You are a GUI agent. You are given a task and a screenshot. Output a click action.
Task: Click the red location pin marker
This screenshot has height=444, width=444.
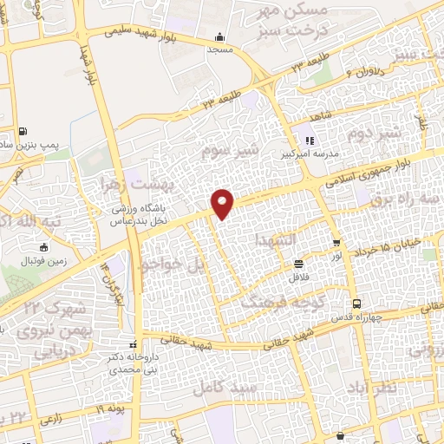click(224, 203)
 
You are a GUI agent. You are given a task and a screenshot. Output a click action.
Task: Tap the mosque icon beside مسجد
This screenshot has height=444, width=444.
click(219, 37)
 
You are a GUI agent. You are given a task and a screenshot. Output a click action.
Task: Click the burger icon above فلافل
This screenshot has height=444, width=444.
click(298, 263)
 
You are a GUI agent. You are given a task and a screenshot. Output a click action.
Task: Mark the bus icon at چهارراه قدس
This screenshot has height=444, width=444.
click(356, 303)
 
